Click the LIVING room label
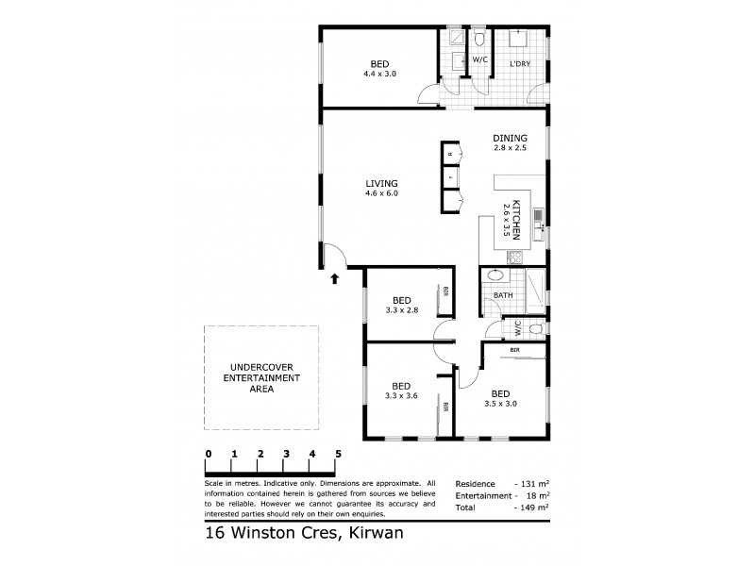(x=382, y=183)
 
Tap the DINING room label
(x=510, y=138)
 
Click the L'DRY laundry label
(x=519, y=65)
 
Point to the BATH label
(x=503, y=295)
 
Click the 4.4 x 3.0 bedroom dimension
(x=380, y=74)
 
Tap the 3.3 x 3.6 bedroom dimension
(x=402, y=395)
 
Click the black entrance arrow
(x=334, y=277)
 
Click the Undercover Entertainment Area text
(x=261, y=378)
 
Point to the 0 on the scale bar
(x=208, y=455)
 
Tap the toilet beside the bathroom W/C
(x=535, y=330)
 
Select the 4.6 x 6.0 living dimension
(x=382, y=193)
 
